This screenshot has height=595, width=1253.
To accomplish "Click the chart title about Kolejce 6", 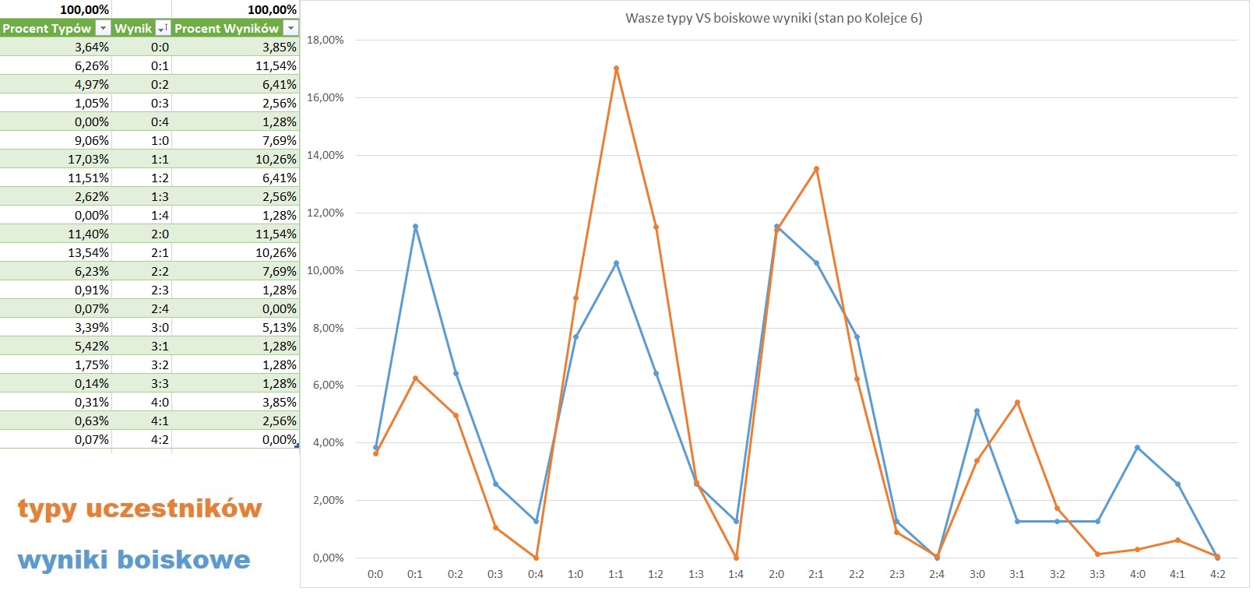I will pos(773,18).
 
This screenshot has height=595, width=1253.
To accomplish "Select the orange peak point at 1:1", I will pos(616,69).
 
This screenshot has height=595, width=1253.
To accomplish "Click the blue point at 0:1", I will pos(415,227).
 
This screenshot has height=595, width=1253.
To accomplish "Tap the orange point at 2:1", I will pos(816,169).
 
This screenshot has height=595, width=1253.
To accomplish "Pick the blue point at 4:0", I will pos(1137,448).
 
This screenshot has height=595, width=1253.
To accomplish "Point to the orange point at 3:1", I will pos(1017,403).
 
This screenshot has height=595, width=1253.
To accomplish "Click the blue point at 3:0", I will pos(977,411).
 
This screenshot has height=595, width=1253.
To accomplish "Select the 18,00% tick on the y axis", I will pos(326,40).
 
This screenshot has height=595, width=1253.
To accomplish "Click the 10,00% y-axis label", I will pos(326,270).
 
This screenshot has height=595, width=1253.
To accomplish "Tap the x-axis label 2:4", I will pos(937,574).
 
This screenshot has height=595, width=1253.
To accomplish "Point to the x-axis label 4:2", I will pos(1217,574).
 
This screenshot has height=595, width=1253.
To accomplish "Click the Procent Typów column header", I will pos(47,28).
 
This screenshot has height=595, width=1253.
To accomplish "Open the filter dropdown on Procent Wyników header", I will pos(290,28).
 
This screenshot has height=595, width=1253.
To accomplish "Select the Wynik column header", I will pos(133,28).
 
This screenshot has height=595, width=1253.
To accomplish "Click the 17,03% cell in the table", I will pos(89,159).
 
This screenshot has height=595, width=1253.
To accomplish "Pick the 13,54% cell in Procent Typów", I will pos(89,252).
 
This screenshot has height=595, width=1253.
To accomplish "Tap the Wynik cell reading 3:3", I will pos(160,383).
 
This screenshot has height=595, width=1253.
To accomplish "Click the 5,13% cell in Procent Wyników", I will pos(279,327).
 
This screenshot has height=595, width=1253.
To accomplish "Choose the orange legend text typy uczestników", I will pos(139,509).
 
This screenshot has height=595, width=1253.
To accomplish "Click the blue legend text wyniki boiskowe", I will pos(134,559).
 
